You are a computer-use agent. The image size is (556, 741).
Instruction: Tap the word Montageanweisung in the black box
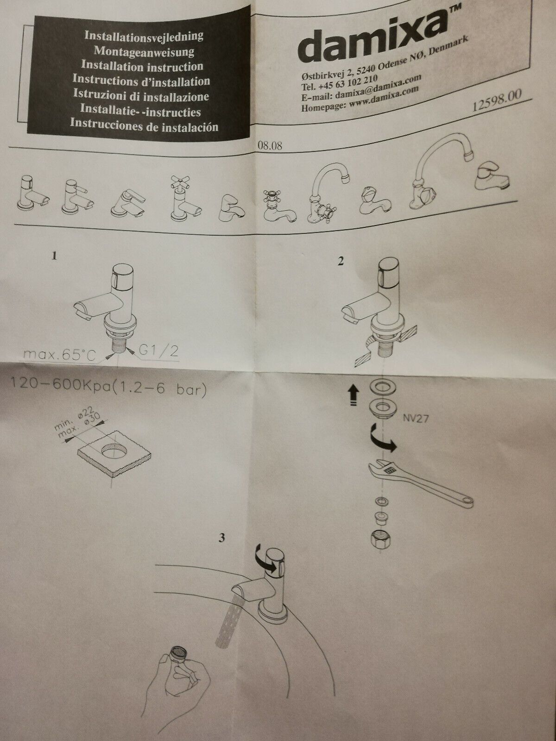[x=144, y=51]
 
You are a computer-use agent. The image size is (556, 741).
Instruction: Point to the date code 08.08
[x=270, y=146]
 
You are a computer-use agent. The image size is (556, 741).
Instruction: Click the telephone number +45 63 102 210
[x=347, y=82]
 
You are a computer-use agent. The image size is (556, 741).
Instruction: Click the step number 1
[x=54, y=256]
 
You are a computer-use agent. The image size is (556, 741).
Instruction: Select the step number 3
[x=221, y=538]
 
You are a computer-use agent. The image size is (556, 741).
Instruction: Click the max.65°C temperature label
[x=60, y=354]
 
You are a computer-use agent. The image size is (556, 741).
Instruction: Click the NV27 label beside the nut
[x=416, y=419]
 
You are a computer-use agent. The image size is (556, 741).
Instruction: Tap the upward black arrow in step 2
[x=354, y=396]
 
